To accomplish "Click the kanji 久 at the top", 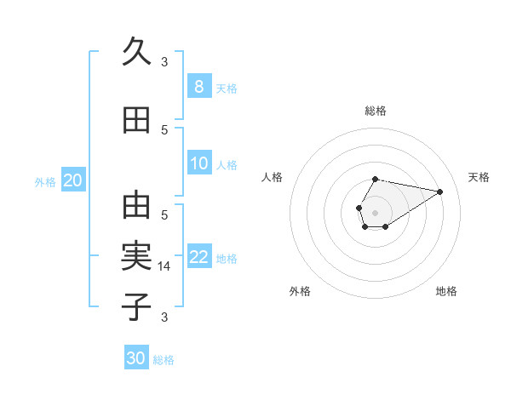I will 136,52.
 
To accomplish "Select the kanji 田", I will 136,121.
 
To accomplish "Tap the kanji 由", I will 136,206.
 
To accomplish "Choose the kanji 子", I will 136,306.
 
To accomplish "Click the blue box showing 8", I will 198,87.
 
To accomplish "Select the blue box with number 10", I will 198,163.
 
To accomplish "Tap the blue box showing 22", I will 198,257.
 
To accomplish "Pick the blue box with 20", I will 73,180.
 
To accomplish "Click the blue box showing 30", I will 136,358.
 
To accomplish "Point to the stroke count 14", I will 164,266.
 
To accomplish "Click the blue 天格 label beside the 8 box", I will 227,89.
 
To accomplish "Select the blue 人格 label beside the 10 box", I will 227,165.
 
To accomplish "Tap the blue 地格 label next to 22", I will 227,259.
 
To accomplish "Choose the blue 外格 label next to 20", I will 45,182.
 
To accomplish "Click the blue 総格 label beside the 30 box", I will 164,360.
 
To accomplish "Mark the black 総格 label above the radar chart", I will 376,111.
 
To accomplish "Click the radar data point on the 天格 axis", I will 439,191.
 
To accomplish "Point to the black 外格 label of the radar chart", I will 300,291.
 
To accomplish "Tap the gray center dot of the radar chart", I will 375,211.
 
